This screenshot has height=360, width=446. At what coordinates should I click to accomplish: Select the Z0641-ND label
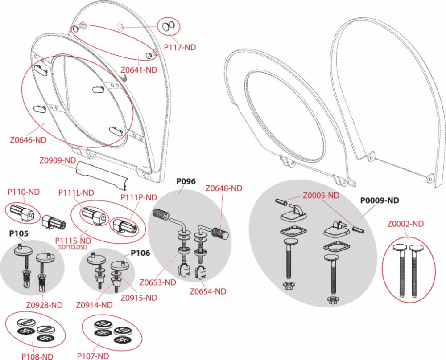point(139,70)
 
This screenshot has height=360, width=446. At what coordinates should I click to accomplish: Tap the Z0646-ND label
point(29,139)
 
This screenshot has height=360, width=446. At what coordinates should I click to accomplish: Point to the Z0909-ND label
point(58,160)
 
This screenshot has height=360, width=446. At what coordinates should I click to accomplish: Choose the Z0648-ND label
point(224,188)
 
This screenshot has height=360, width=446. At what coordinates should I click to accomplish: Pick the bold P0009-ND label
point(380,200)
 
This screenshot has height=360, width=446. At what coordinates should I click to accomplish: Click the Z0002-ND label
point(405,224)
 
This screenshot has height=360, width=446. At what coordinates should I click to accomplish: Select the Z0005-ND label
point(321,195)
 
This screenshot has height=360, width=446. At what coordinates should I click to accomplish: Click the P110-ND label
point(24,192)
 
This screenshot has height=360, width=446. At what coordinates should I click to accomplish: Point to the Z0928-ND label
point(44,305)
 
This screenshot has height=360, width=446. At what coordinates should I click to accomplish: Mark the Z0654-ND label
point(208,292)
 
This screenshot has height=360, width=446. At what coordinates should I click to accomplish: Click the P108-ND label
point(37,356)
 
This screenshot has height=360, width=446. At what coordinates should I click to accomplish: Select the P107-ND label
point(93,356)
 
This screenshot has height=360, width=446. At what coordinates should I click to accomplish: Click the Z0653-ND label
point(157,282)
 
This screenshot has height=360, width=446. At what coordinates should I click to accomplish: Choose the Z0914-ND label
point(94,305)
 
